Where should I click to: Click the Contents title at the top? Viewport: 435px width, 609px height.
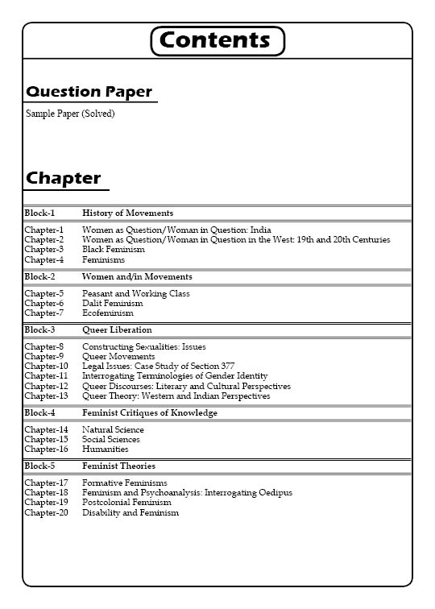pos(217,40)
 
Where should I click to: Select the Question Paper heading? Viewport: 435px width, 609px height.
pos(89,92)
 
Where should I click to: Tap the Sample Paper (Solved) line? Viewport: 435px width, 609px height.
pos(70,114)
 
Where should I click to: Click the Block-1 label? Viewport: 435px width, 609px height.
pos(39,213)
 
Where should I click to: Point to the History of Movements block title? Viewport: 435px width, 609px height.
pos(127,213)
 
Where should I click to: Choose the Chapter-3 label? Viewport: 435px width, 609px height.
pos(43,250)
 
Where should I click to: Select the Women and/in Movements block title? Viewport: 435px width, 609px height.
pos(137,277)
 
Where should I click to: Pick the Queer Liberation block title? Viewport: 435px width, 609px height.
pos(117,330)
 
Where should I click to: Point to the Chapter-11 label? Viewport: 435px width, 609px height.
pos(46,376)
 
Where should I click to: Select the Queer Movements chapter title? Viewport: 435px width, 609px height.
pos(118,357)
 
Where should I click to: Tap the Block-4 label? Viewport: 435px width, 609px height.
pos(39,413)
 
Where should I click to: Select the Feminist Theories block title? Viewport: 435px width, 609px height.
pos(118,466)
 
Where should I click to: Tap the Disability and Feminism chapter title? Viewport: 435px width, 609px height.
pos(130,512)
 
